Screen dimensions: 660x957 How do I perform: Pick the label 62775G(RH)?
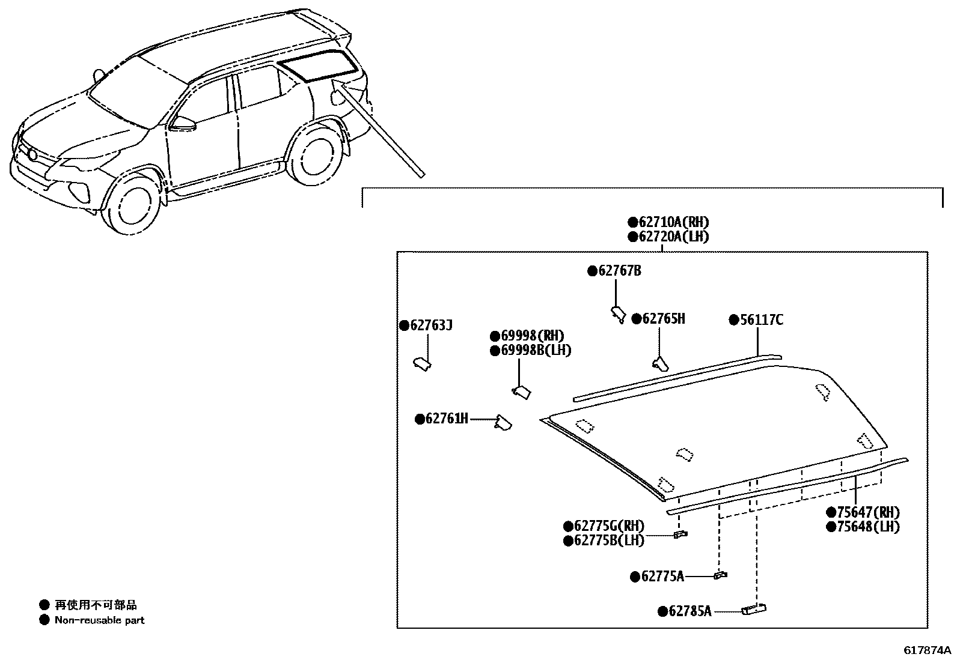[609, 525]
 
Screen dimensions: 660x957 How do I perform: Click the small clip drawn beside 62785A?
[754, 610]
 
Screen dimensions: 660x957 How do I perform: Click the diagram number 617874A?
[927, 650]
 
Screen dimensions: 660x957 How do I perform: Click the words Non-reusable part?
[99, 620]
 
